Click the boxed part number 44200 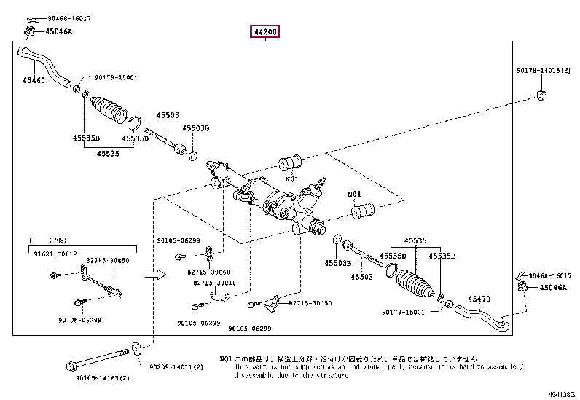[265, 32]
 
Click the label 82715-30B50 [109, 260]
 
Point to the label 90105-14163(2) [92, 379]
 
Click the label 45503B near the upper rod [196, 128]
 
